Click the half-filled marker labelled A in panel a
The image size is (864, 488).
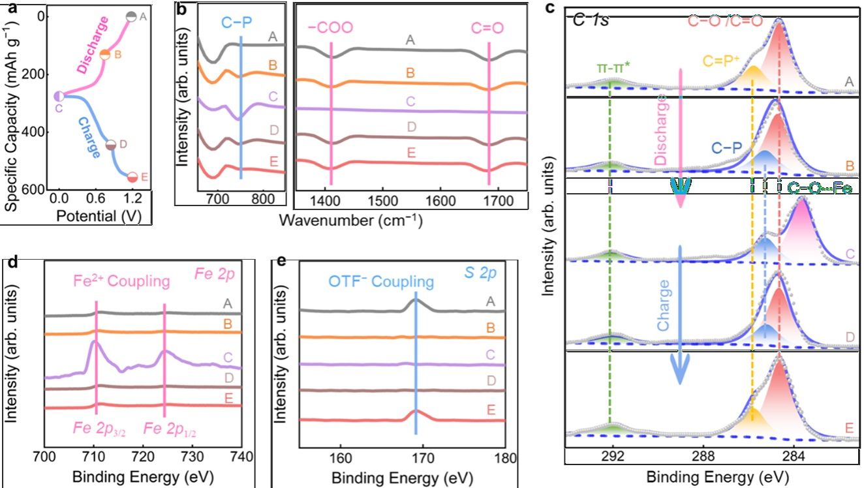pos(131,16)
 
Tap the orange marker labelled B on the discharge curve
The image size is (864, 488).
pos(104,55)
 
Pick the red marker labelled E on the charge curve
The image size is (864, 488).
pos(132,177)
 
